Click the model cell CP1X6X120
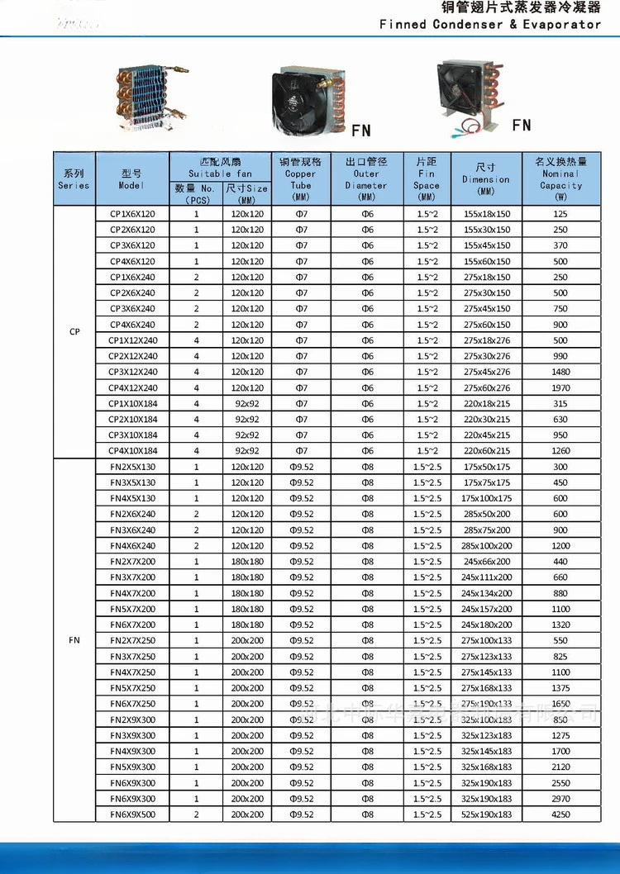(x=132, y=214)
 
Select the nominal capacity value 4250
(x=560, y=815)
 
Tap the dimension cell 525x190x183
(x=486, y=815)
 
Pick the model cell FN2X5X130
(x=132, y=467)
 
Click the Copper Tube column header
(x=300, y=179)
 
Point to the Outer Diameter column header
(x=366, y=179)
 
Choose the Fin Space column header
(x=427, y=179)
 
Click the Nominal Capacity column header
(x=560, y=179)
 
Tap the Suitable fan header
(x=220, y=167)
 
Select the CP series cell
(x=74, y=332)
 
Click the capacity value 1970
(x=560, y=387)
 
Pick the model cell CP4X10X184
(x=132, y=451)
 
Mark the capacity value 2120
(x=560, y=767)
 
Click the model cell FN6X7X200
(x=132, y=625)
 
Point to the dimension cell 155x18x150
(x=486, y=214)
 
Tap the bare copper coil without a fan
(x=149, y=97)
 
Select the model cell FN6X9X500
(x=132, y=815)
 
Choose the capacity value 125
(x=560, y=214)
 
